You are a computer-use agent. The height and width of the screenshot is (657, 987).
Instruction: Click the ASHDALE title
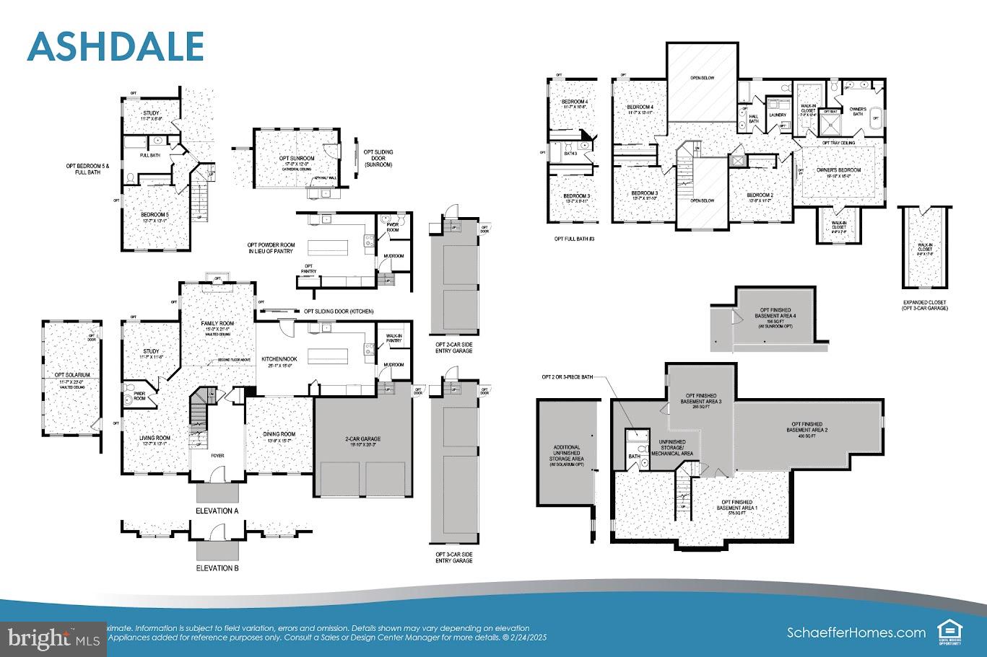(x=116, y=46)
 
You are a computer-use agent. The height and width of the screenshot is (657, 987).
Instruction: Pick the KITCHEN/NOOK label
(x=279, y=358)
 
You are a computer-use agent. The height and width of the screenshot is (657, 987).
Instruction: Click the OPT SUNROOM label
(x=296, y=158)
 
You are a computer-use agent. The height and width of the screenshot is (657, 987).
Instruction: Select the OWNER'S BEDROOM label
(x=838, y=170)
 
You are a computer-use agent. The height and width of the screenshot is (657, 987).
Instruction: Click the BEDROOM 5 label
(x=155, y=215)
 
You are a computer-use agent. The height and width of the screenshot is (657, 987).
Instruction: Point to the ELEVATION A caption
(x=217, y=511)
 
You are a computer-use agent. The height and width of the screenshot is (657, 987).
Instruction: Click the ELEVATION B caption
(x=217, y=568)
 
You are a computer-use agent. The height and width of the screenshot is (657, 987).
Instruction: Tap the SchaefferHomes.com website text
(x=856, y=632)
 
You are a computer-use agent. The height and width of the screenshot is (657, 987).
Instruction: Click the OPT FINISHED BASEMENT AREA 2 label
(x=807, y=427)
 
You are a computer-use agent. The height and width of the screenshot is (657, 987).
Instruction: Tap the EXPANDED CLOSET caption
(x=924, y=305)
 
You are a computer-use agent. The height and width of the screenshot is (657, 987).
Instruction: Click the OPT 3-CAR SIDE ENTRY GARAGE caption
(x=453, y=557)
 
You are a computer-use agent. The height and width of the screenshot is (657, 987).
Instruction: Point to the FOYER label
(x=217, y=455)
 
